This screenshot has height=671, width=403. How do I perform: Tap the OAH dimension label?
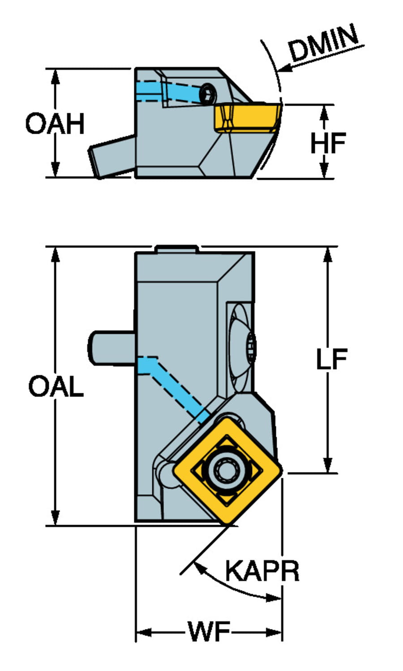click(x=55, y=123)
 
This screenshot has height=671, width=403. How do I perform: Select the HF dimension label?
click(x=328, y=143)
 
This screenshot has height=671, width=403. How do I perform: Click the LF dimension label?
click(x=331, y=359)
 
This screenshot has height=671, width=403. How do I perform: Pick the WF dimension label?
click(x=209, y=633)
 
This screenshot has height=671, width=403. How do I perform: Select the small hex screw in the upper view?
click(x=208, y=94)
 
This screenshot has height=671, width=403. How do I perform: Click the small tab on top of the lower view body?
click(x=176, y=249)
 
